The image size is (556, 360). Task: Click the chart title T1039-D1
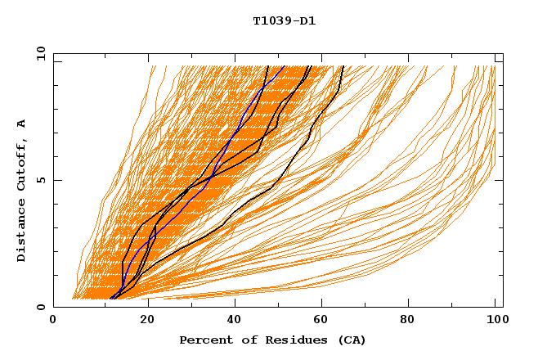tap(284, 21)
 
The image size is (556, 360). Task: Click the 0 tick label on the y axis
tap(41, 307)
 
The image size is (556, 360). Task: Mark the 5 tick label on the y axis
tap(41, 180)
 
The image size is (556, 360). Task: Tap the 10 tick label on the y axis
tap(38, 53)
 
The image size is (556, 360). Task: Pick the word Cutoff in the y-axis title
tap(22, 164)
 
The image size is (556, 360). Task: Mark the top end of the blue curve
tap(284, 66)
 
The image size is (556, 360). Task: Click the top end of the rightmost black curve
tap(343, 66)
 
